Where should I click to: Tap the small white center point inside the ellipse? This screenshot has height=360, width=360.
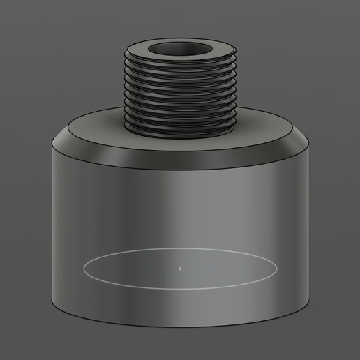180,267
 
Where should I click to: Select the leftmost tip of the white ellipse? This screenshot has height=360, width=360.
84,267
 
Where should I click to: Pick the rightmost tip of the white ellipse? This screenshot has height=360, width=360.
276,267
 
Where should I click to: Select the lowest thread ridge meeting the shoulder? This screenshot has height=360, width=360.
180,130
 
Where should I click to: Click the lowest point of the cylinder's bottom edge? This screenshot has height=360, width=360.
180,329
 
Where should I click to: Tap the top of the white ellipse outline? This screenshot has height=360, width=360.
180,248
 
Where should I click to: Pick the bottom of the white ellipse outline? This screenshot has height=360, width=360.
180,287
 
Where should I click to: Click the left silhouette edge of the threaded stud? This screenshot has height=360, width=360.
125,91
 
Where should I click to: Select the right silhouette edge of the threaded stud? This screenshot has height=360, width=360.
235,91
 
